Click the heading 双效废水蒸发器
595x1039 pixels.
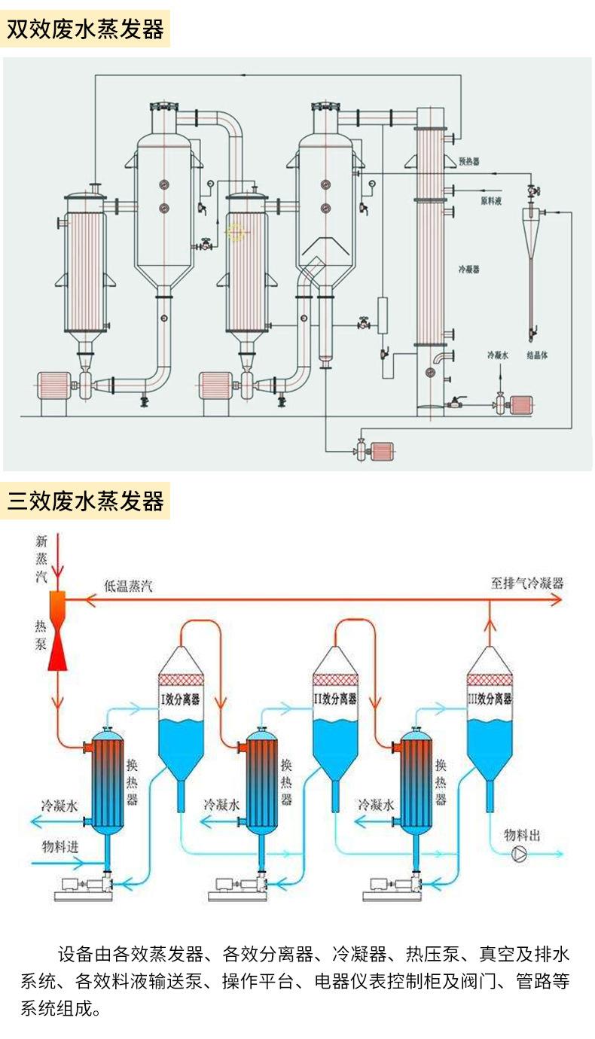click(x=85, y=29)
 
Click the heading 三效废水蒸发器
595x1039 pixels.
click(x=85, y=501)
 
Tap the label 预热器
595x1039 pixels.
click(x=469, y=161)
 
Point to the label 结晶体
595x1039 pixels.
click(x=536, y=355)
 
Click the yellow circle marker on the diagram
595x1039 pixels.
click(x=236, y=233)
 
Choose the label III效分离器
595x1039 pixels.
click(x=490, y=699)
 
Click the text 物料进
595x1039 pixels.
click(x=60, y=845)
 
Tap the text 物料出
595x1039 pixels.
click(x=522, y=835)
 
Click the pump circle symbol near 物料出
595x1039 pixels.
click(x=520, y=854)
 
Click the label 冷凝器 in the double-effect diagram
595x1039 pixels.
click(x=468, y=269)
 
